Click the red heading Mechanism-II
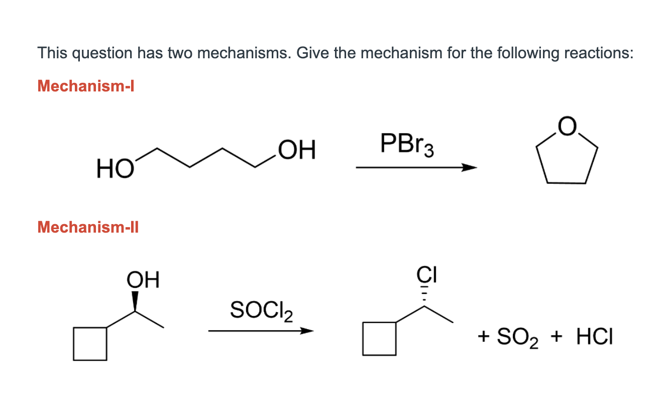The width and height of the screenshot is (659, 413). [88, 228]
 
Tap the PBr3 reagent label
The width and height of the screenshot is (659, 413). [407, 144]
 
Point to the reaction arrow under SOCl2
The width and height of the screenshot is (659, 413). [261, 331]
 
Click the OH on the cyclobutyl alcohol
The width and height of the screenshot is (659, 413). [143, 279]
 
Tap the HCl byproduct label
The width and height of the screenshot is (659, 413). [595, 337]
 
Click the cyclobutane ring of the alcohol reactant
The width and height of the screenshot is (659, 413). [90, 344]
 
